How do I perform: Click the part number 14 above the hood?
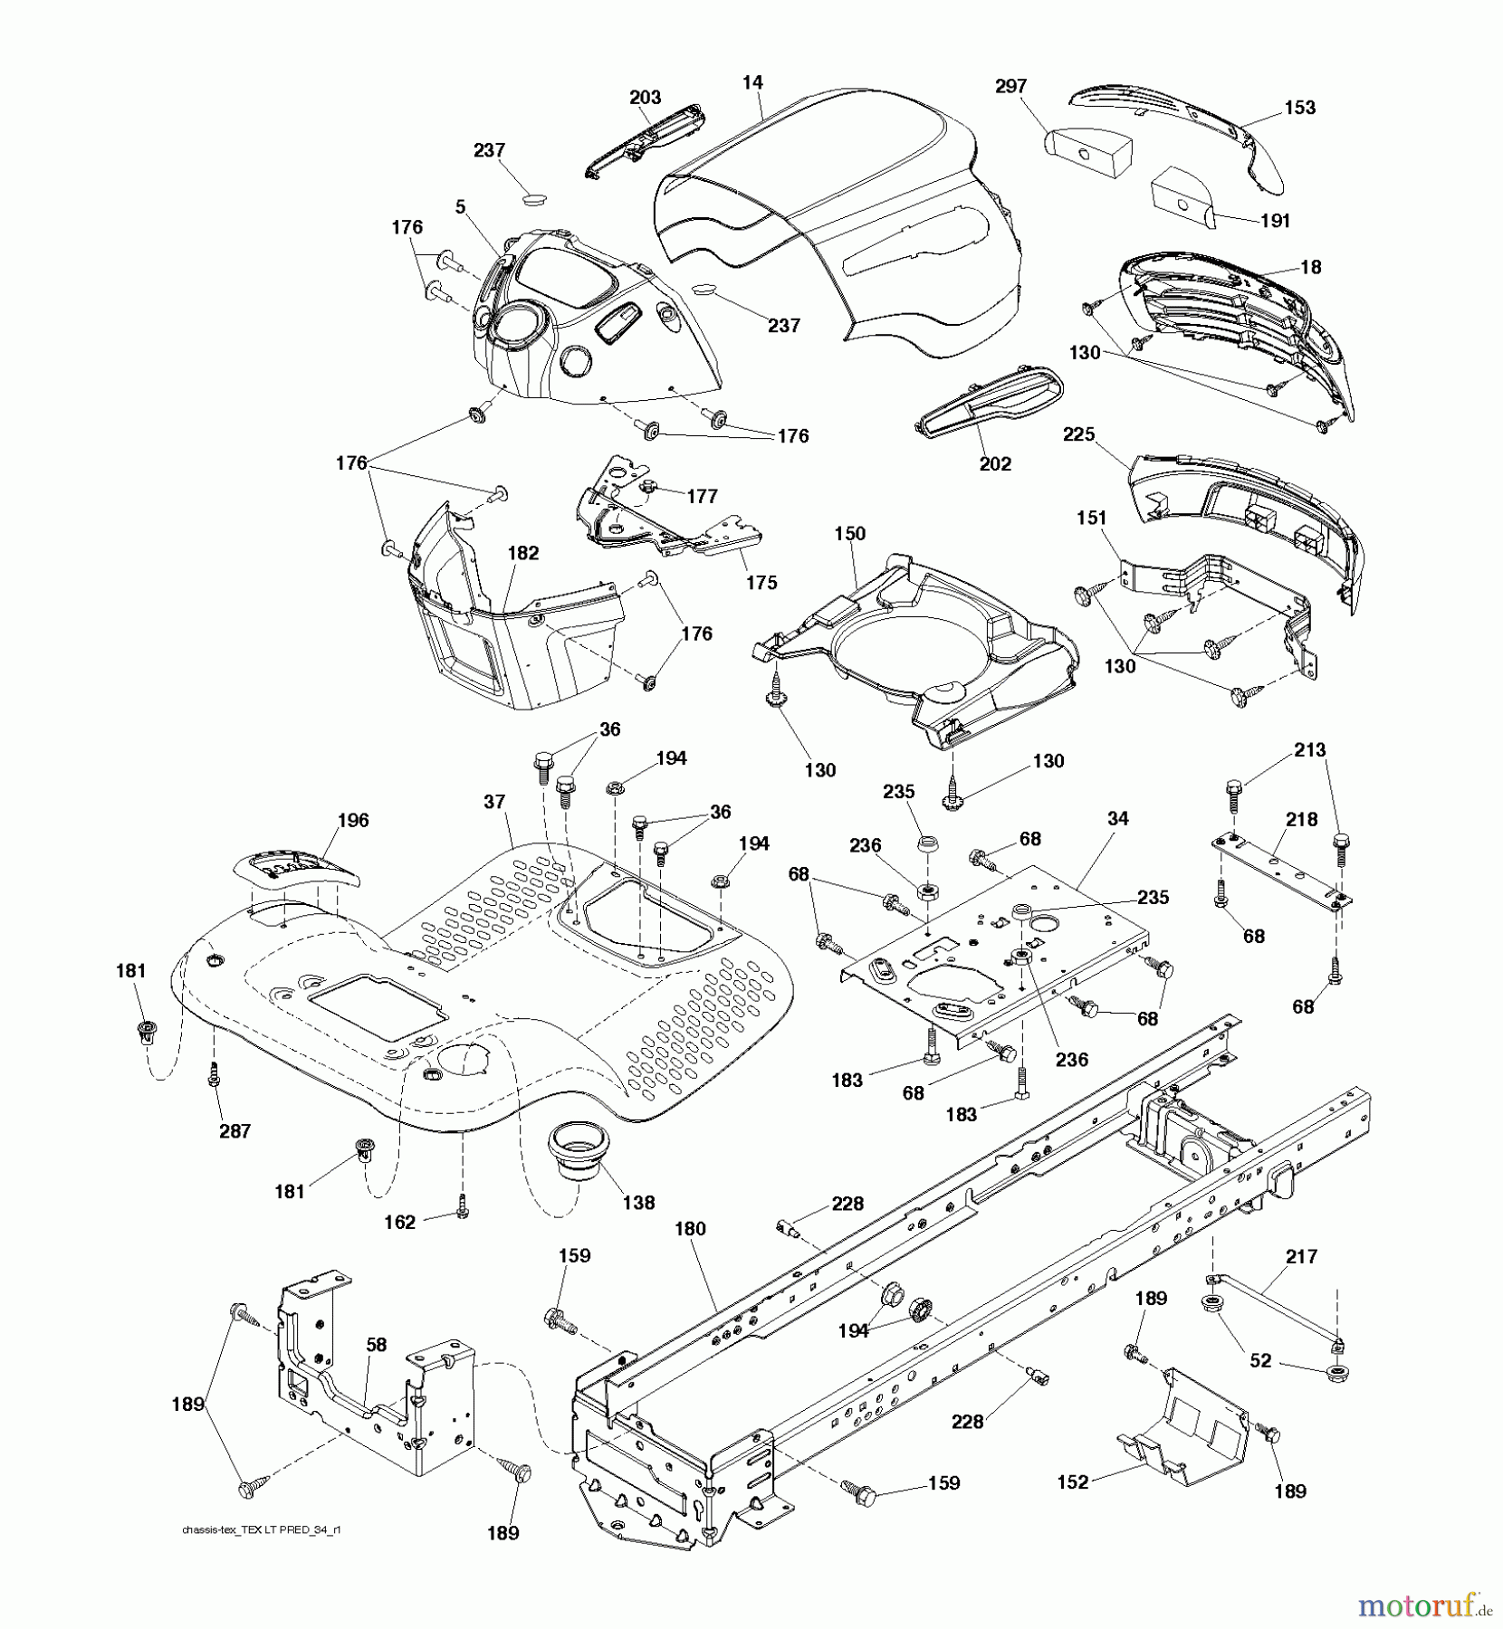click(x=752, y=82)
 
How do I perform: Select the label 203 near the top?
click(x=645, y=97)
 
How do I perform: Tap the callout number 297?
click(x=1010, y=86)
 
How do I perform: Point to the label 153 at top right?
click(x=1298, y=107)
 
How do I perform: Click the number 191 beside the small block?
click(x=1274, y=220)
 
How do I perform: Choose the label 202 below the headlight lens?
click(x=995, y=463)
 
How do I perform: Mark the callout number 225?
click(x=1078, y=434)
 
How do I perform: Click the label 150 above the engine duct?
click(x=849, y=534)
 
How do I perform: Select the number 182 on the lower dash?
click(x=523, y=553)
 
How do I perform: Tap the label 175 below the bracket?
click(x=761, y=582)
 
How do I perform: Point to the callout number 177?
click(x=702, y=496)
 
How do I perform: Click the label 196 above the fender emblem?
click(x=352, y=820)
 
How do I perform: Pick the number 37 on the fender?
click(x=493, y=802)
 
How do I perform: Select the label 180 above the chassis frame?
click(x=690, y=1229)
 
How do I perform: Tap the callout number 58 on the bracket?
click(x=377, y=1345)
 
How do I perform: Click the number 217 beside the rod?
click(x=1301, y=1256)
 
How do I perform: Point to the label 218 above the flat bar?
click(x=1301, y=819)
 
